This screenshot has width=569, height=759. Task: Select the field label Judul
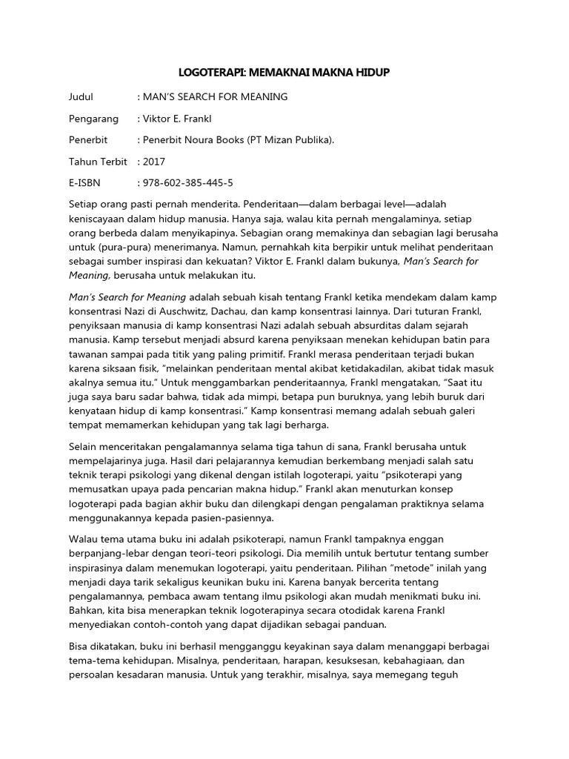(x=81, y=96)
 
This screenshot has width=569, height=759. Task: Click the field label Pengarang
(x=93, y=118)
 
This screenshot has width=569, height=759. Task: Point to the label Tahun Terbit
(x=98, y=161)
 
